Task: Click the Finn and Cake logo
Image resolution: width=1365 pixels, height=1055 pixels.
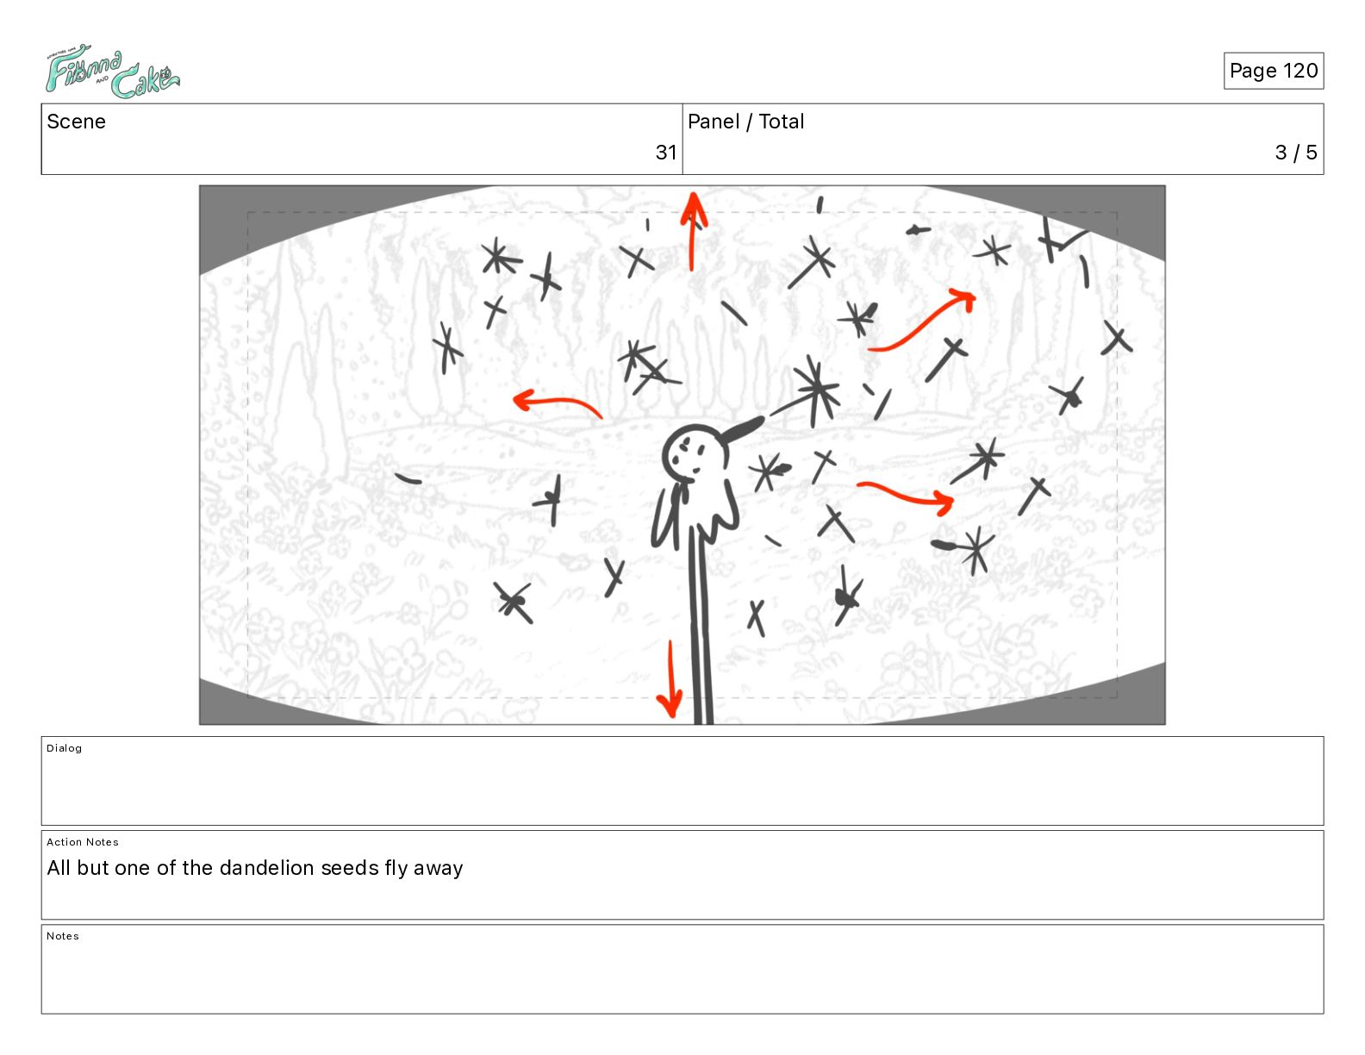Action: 112,72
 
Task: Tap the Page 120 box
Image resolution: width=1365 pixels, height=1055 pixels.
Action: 1273,71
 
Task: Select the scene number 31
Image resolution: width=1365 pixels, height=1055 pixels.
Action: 666,152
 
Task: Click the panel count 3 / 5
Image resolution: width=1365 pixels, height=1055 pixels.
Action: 1296,152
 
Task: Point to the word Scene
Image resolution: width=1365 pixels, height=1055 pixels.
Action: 76,122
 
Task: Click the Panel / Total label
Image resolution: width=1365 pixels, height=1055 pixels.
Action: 745,122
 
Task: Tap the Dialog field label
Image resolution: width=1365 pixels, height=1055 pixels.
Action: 64,748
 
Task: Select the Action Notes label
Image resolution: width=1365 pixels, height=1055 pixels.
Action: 82,842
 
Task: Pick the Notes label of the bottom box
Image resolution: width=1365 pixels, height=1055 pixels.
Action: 63,935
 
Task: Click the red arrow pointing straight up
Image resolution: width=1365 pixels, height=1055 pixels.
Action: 693,231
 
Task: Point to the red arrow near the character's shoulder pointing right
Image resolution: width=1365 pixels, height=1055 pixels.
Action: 905,496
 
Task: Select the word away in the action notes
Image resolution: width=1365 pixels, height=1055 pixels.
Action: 438,869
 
